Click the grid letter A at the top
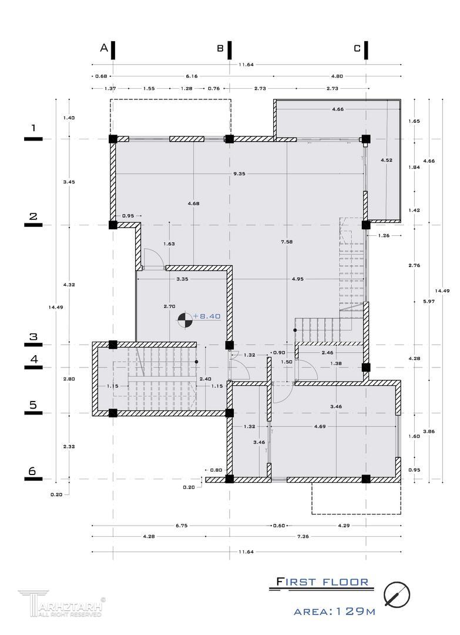click(104, 48)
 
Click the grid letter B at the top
click(220, 48)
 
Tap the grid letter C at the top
click(357, 48)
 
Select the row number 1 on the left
click(33, 128)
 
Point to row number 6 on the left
click(33, 471)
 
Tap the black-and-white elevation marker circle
click(184, 319)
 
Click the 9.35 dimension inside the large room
click(239, 174)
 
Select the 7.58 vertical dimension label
click(286, 241)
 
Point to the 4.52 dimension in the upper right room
click(386, 160)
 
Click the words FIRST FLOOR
click(323, 582)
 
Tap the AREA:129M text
click(334, 611)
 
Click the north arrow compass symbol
click(397, 594)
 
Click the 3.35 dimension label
click(182, 279)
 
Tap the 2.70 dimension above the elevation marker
click(169, 306)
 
